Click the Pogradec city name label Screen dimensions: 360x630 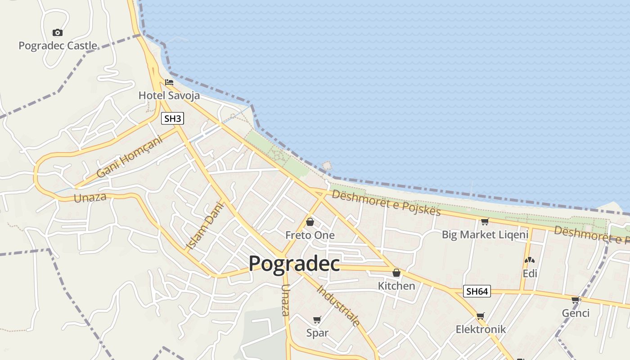point(294,263)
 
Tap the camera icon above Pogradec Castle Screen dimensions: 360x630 point(57,32)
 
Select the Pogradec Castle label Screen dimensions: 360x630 point(58,45)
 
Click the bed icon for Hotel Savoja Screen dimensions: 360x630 point(169,82)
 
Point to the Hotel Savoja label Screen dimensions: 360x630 point(169,95)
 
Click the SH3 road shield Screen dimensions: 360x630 point(172,119)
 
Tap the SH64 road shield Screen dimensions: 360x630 point(477,291)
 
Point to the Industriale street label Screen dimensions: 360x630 point(339,306)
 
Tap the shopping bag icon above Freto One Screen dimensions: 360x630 point(310,222)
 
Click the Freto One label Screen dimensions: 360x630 point(310,235)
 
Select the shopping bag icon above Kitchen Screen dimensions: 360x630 point(396,273)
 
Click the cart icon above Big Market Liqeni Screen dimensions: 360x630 point(485,221)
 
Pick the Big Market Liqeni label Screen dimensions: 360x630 point(485,234)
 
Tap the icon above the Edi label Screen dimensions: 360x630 point(530,260)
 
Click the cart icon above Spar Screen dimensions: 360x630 point(317,320)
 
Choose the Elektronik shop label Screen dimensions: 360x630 point(481,329)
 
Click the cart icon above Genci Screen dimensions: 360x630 point(575,300)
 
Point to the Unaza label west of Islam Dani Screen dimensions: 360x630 point(90,197)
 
